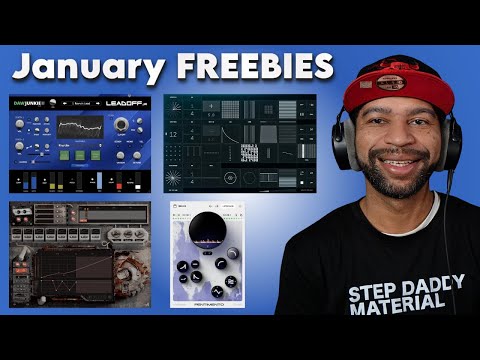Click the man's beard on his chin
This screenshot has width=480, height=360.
[x=400, y=188]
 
